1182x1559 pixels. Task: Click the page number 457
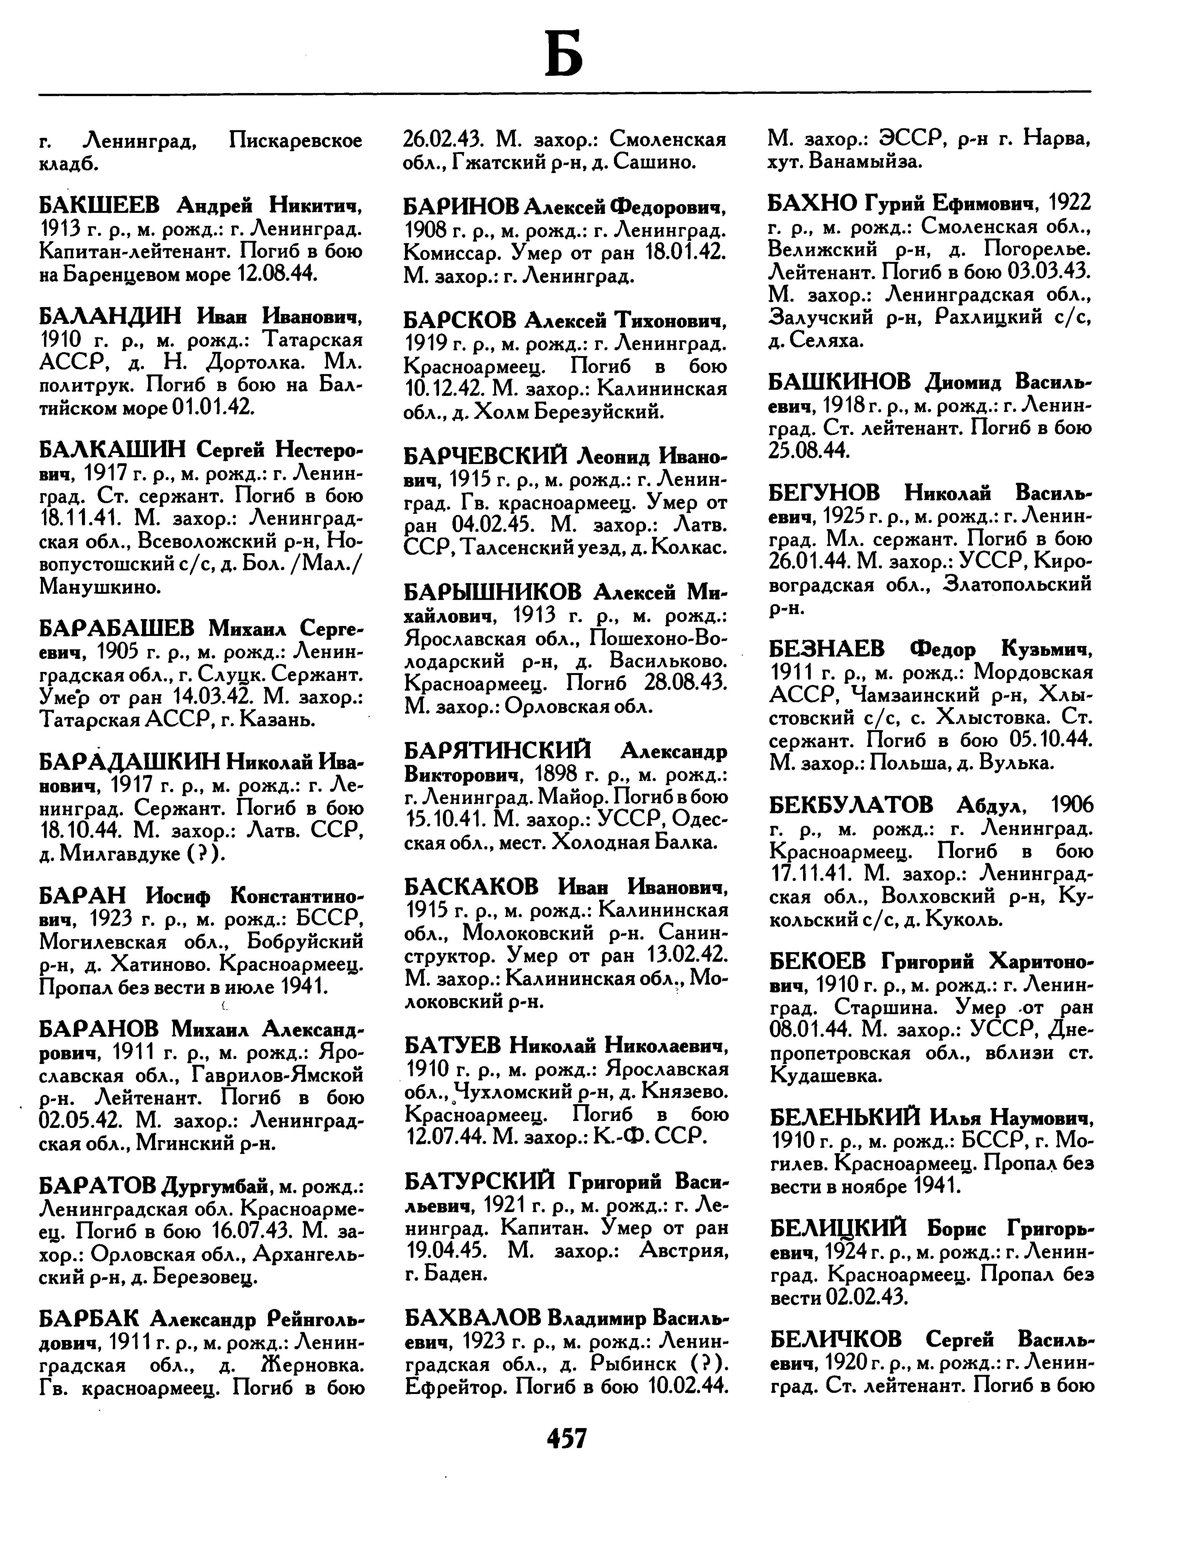tap(567, 1437)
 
